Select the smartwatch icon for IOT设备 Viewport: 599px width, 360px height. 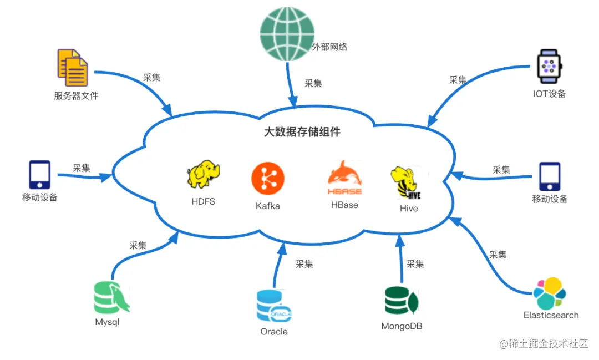tap(549, 66)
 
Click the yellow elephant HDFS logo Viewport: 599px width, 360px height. tap(204, 174)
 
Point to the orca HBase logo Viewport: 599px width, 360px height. tap(344, 178)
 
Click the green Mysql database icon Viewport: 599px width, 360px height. tap(111, 298)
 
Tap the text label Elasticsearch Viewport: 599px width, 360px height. tap(551, 315)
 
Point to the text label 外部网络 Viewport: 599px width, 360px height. tap(329, 47)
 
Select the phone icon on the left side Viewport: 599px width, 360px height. tap(39, 175)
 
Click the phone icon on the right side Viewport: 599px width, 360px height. tap(550, 177)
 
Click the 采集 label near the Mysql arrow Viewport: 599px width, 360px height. tap(138, 245)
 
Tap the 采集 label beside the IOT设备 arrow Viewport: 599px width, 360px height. tap(458, 80)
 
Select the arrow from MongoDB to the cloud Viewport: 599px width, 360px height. tap(400, 258)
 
